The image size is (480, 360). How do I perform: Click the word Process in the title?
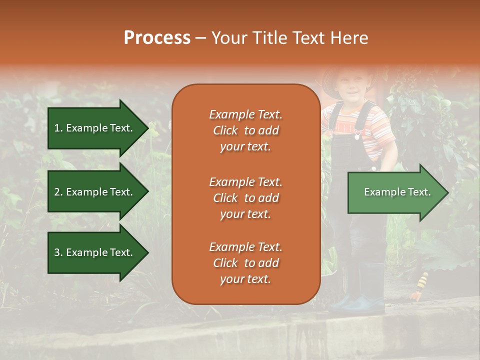(x=157, y=38)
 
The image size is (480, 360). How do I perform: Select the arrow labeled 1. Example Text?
(x=98, y=128)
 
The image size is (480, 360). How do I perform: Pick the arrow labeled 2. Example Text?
(x=98, y=191)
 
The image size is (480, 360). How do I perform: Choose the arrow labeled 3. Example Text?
(x=98, y=252)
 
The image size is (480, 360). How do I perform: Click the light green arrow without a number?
(x=398, y=192)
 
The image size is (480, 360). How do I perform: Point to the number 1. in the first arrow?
(x=59, y=128)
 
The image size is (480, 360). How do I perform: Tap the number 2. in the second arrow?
(x=59, y=192)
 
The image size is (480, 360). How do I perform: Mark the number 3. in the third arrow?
(x=59, y=252)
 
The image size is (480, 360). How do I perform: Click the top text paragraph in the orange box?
(x=246, y=130)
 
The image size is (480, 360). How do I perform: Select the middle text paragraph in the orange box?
(x=246, y=198)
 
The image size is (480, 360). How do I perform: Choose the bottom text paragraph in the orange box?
(x=246, y=263)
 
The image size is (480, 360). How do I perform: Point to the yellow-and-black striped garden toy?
(x=419, y=286)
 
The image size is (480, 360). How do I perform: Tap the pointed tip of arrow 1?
(x=149, y=128)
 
